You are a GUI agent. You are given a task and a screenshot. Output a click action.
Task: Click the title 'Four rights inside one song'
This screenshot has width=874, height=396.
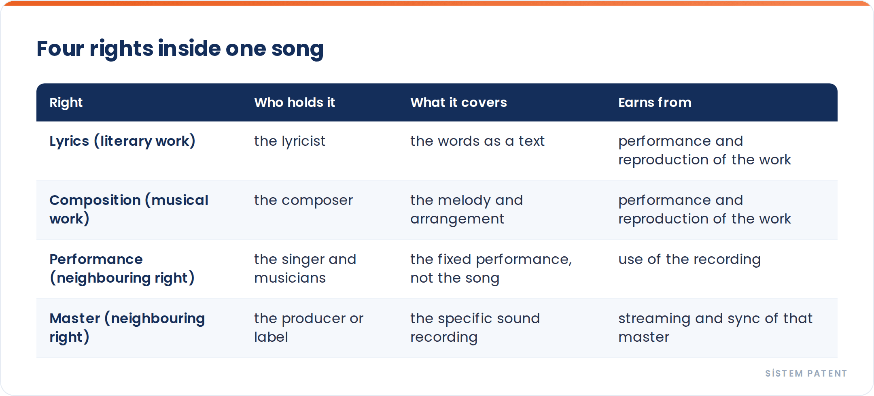(180, 49)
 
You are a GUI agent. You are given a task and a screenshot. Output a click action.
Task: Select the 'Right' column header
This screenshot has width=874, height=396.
(66, 103)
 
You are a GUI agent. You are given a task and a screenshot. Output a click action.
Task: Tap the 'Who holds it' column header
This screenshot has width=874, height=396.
(295, 102)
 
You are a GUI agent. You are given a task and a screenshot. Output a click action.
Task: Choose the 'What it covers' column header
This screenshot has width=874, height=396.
(458, 102)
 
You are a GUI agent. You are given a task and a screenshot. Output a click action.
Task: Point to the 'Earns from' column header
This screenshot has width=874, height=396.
(655, 102)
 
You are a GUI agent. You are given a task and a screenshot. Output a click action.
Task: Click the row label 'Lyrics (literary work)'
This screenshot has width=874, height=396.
(122, 141)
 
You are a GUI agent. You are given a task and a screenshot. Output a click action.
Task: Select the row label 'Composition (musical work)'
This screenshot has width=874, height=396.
(129, 209)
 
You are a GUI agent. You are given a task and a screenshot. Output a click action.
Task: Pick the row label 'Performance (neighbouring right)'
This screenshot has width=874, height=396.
(122, 268)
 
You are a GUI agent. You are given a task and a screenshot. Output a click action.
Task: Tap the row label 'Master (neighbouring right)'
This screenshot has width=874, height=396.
(127, 328)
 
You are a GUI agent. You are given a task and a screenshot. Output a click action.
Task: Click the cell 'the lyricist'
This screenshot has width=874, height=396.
(290, 141)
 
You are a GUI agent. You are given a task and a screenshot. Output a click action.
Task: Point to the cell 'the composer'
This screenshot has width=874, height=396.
(303, 200)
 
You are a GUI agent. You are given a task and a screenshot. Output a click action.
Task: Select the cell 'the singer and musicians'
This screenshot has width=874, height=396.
(305, 268)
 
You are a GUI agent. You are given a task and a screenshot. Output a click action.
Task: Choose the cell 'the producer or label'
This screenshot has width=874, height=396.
(309, 328)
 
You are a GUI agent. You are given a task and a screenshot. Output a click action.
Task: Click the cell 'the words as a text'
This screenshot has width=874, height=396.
(477, 141)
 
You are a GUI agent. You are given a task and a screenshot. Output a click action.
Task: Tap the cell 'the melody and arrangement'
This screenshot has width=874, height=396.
(467, 209)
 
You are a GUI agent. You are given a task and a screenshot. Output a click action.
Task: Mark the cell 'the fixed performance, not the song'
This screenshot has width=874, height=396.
(491, 268)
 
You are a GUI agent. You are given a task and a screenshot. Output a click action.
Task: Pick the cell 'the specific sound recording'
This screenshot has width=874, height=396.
(475, 328)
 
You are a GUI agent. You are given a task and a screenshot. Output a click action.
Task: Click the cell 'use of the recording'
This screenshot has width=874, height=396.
(689, 260)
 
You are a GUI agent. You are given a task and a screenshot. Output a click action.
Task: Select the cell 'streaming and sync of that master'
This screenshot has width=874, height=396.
(715, 328)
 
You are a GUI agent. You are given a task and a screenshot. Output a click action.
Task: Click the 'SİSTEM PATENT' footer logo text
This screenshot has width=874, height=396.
(806, 373)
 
